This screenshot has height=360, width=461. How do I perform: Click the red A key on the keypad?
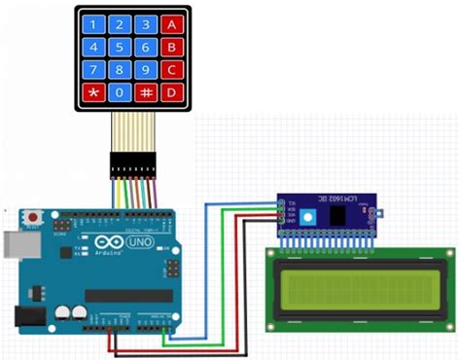click(171, 22)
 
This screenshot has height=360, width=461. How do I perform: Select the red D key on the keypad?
click(171, 92)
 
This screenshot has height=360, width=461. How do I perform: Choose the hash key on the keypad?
click(145, 92)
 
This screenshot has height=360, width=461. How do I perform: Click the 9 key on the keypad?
click(145, 69)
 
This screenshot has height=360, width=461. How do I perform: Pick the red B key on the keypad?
click(171, 46)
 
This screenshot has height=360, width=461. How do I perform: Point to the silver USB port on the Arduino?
click(16, 246)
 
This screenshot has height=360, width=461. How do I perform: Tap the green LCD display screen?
click(360, 289)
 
